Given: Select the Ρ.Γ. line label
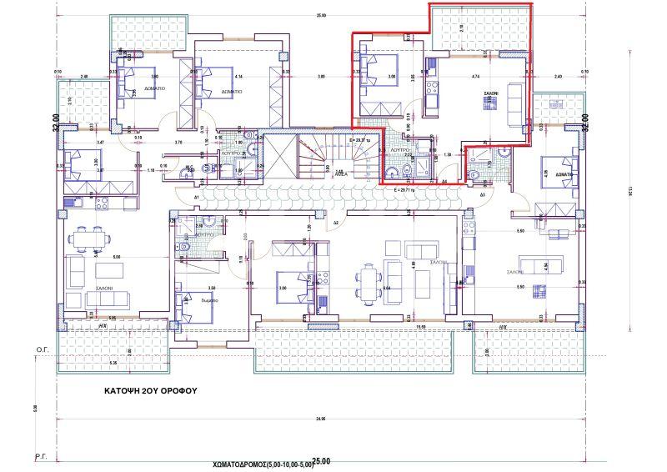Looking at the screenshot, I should click(x=38, y=458).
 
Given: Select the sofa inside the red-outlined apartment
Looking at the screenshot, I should click(x=514, y=92).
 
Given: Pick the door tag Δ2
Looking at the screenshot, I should click(x=335, y=224).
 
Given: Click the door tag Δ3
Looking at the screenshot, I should click(x=483, y=193).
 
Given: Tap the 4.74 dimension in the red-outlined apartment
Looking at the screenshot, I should click(x=475, y=77).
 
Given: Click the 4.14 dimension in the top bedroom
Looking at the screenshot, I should click(x=238, y=76).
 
